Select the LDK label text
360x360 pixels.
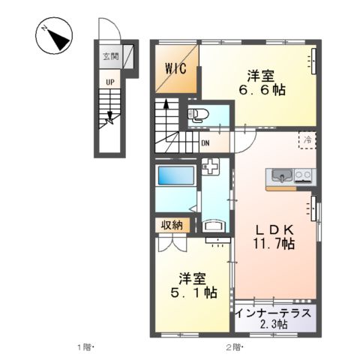[266, 229]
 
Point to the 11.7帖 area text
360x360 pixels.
[267, 244]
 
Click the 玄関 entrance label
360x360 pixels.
[110, 55]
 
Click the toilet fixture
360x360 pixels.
[197, 115]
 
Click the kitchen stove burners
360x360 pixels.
[304, 177]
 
